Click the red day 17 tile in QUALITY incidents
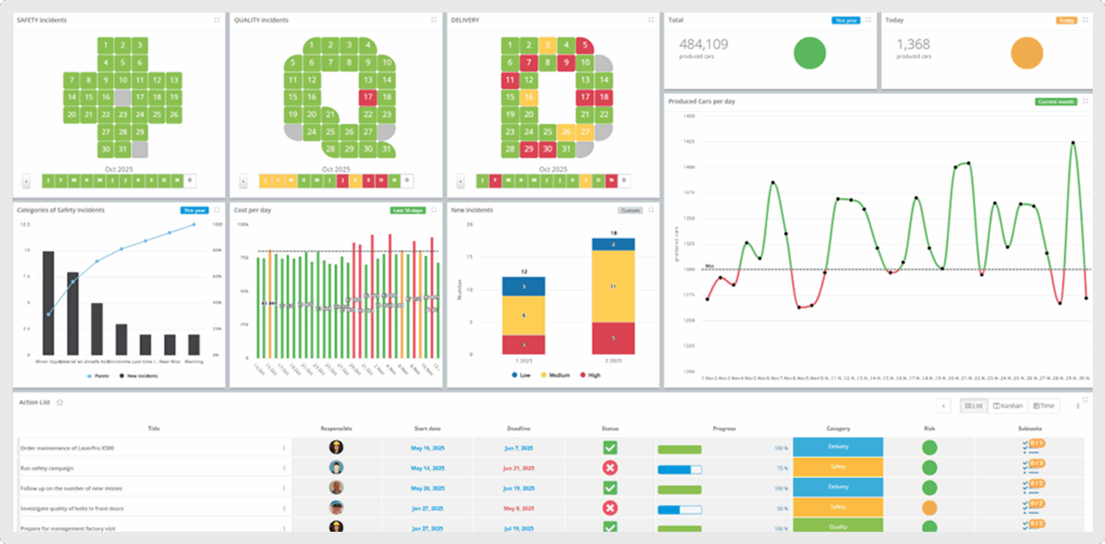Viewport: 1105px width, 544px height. click(368, 97)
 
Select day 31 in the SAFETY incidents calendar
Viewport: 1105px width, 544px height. click(123, 150)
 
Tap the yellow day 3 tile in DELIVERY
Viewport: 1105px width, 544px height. click(547, 45)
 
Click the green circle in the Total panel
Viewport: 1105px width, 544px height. click(809, 53)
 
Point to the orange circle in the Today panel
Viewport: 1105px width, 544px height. click(1027, 53)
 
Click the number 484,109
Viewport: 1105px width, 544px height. click(703, 45)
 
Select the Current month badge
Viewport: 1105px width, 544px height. click(1055, 101)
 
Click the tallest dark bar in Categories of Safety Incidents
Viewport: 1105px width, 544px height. click(48, 302)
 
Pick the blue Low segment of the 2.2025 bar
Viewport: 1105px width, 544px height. click(613, 244)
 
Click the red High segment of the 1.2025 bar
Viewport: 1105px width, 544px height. click(524, 345)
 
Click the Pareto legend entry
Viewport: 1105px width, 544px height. click(98, 376)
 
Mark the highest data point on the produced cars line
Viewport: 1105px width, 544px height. click(1073, 142)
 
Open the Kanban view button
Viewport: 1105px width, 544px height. click(1008, 406)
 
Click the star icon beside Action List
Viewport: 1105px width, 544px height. click(60, 402)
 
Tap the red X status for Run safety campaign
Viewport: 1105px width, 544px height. click(610, 468)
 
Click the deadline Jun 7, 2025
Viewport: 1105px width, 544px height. click(517, 448)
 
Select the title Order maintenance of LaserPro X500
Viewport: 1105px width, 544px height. click(67, 448)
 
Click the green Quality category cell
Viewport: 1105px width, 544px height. click(837, 526)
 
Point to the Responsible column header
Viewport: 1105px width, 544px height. click(336, 428)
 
